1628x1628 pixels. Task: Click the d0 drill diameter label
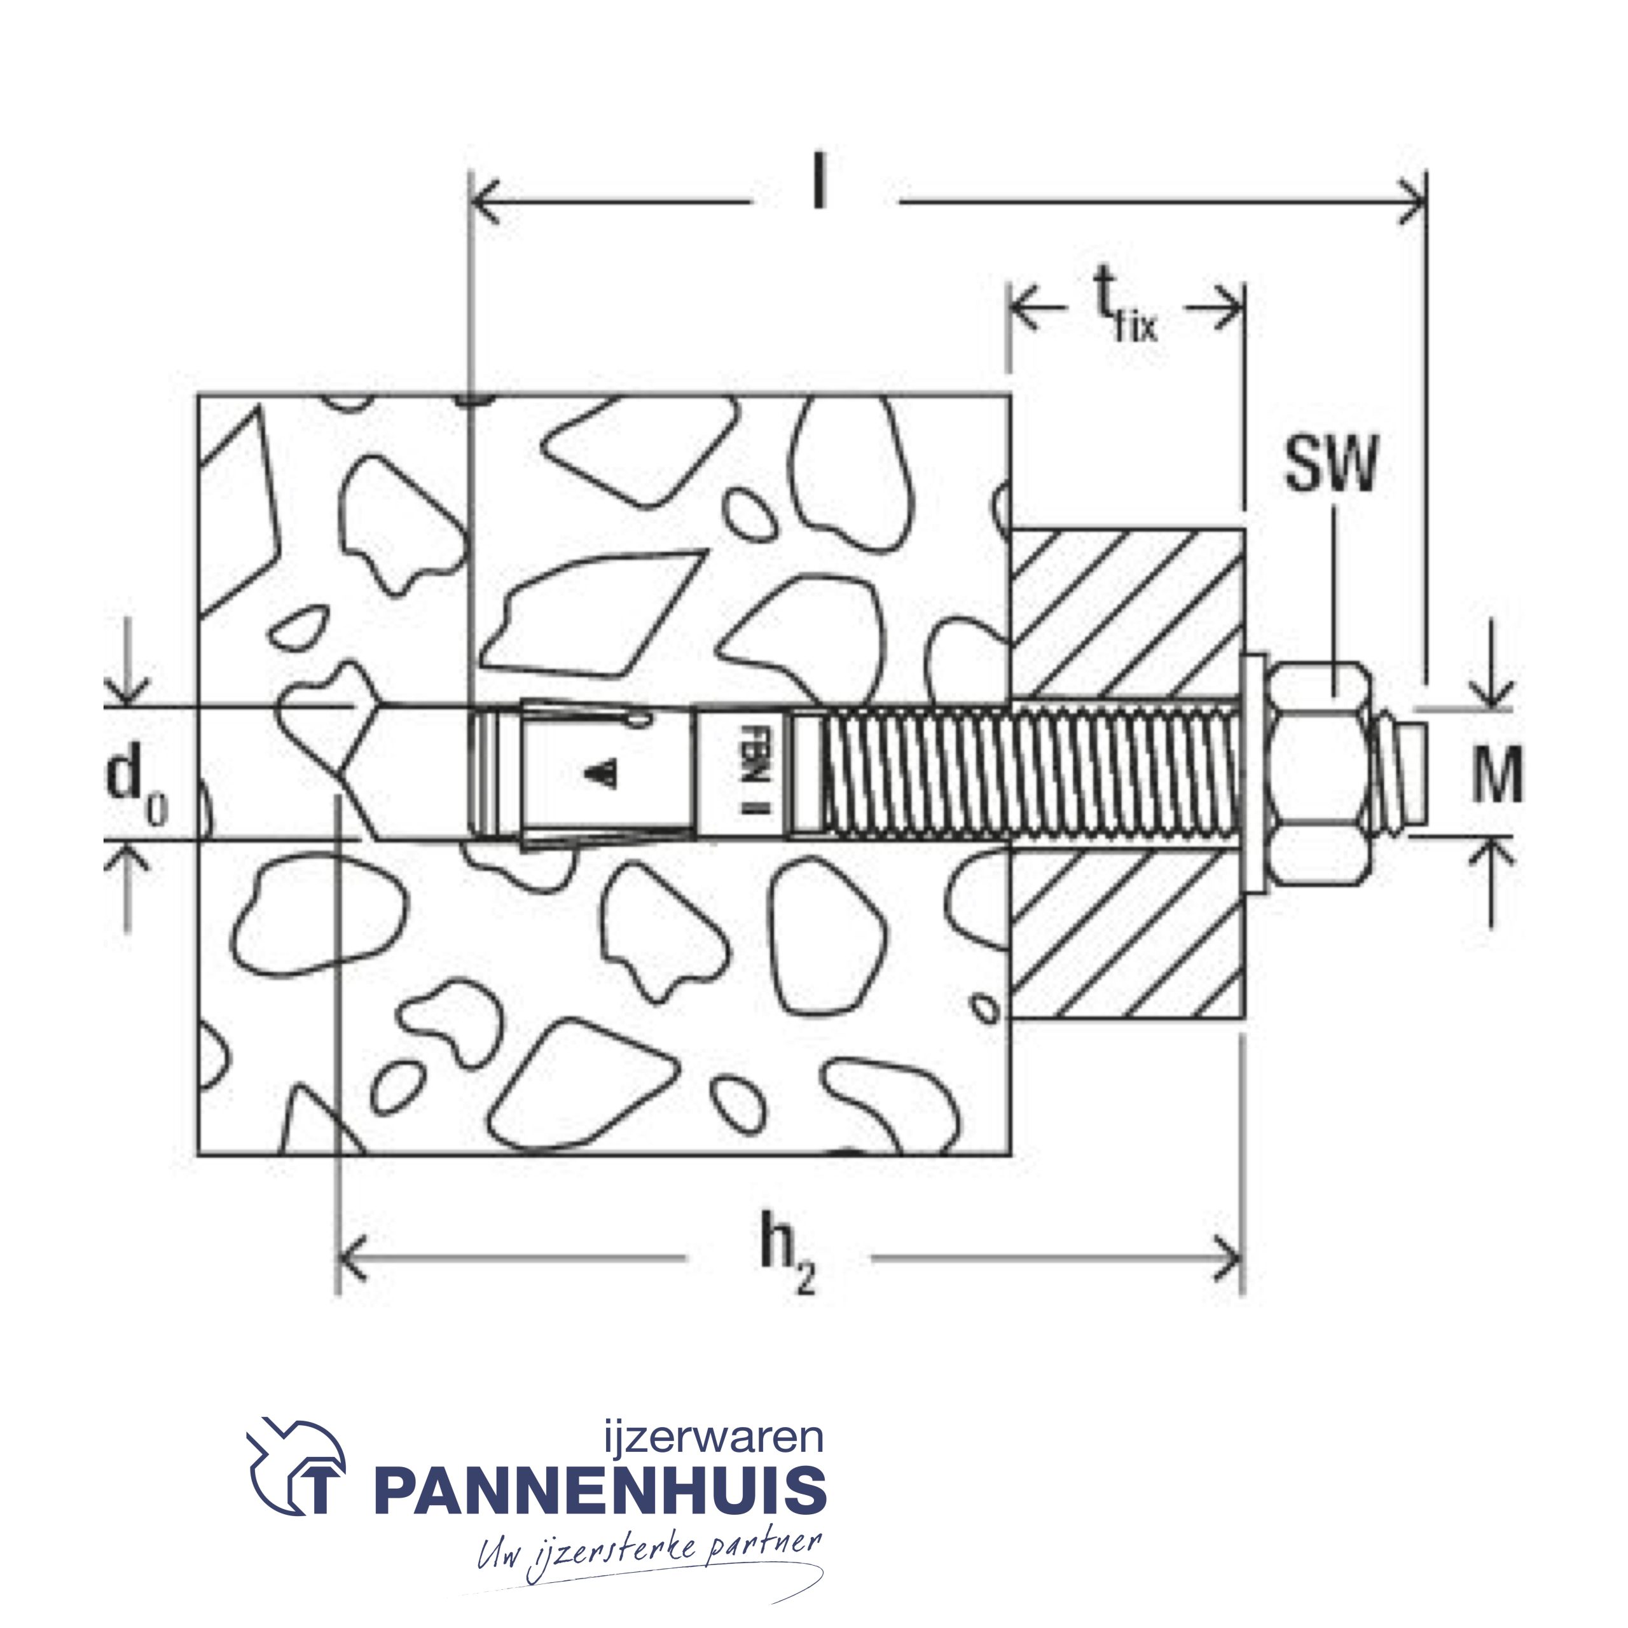click(137, 783)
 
